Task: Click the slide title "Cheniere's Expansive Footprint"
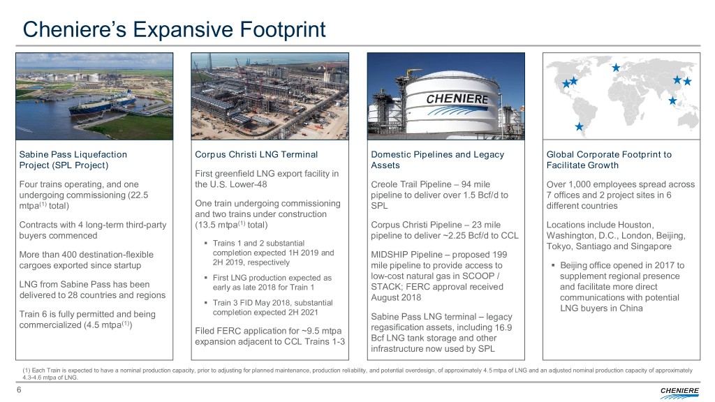174,29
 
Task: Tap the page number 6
19,389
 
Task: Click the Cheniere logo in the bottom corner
679,392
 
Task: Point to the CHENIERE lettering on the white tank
457,98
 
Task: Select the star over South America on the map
579,127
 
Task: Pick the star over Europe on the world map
616,68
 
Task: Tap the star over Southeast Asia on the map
672,100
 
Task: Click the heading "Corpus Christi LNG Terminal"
256,154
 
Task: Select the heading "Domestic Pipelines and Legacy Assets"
437,160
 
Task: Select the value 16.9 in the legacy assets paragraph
503,327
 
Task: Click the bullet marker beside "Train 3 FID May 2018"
206,302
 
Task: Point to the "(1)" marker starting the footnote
27,371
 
